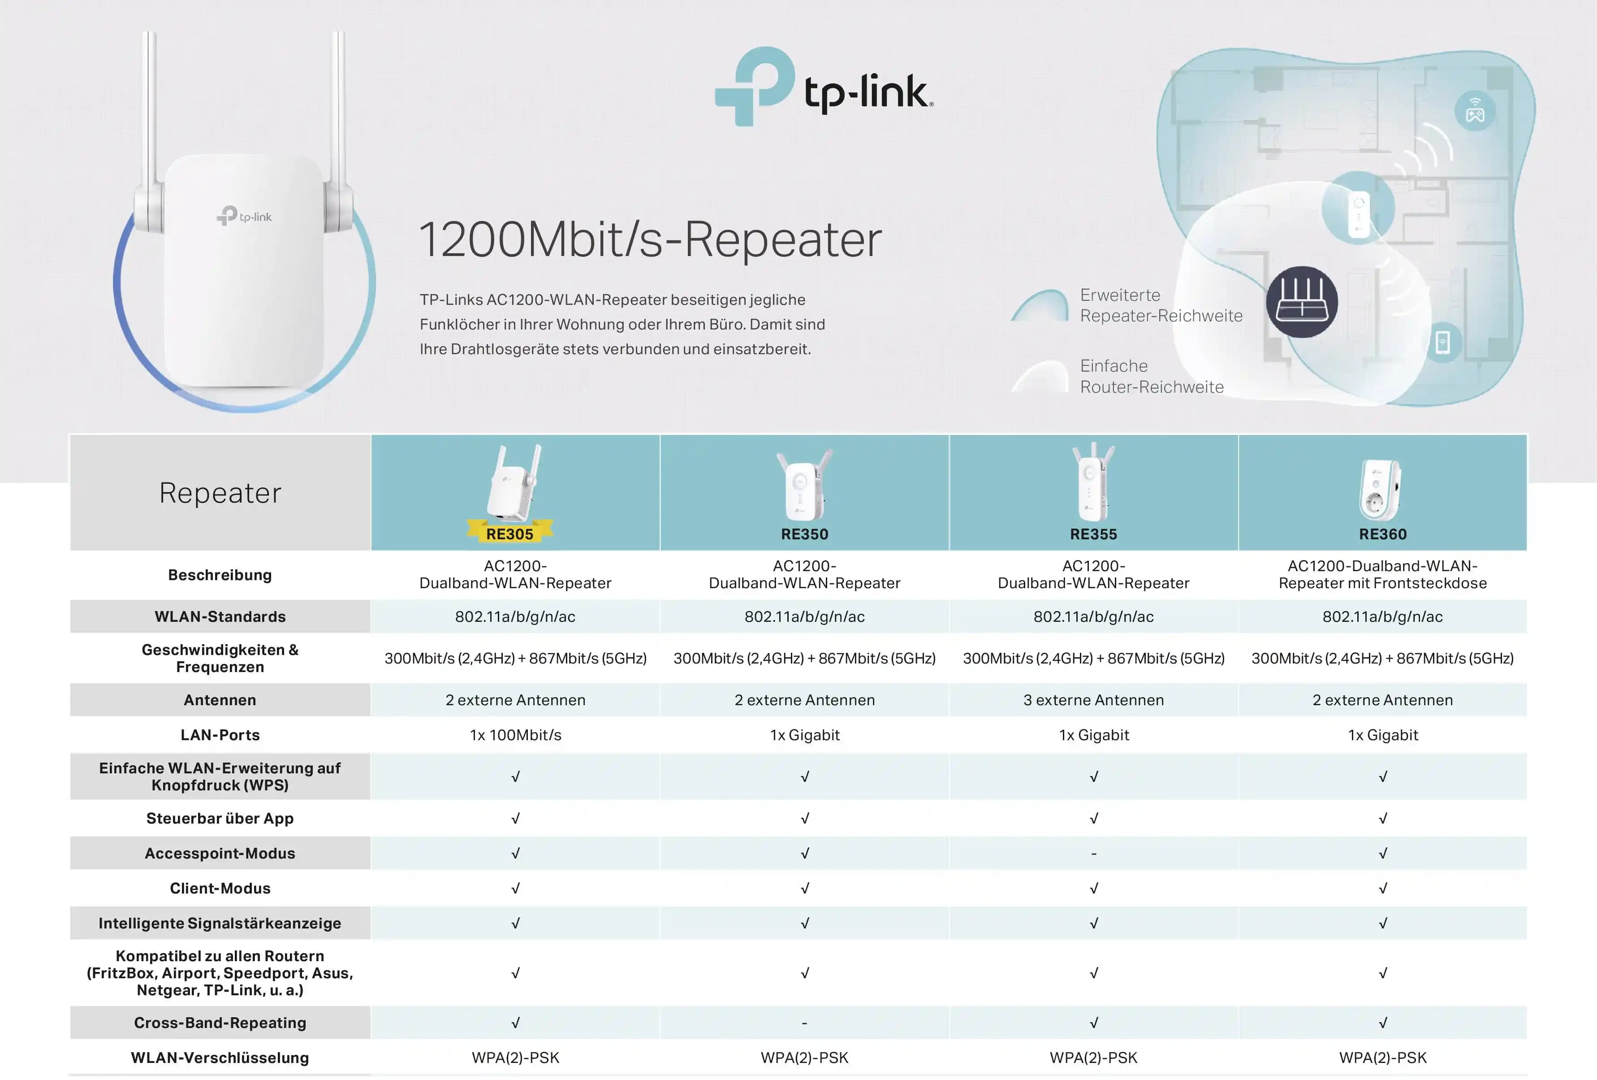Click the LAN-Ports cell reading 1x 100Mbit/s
(515, 735)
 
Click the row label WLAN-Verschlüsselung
(220, 1057)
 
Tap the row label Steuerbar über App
(220, 818)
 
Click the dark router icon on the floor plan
(1302, 302)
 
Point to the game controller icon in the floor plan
(1475, 111)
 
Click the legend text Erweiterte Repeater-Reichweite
(1161, 305)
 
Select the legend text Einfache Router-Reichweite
(1151, 376)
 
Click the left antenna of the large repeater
(150, 103)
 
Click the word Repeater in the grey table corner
(220, 493)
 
